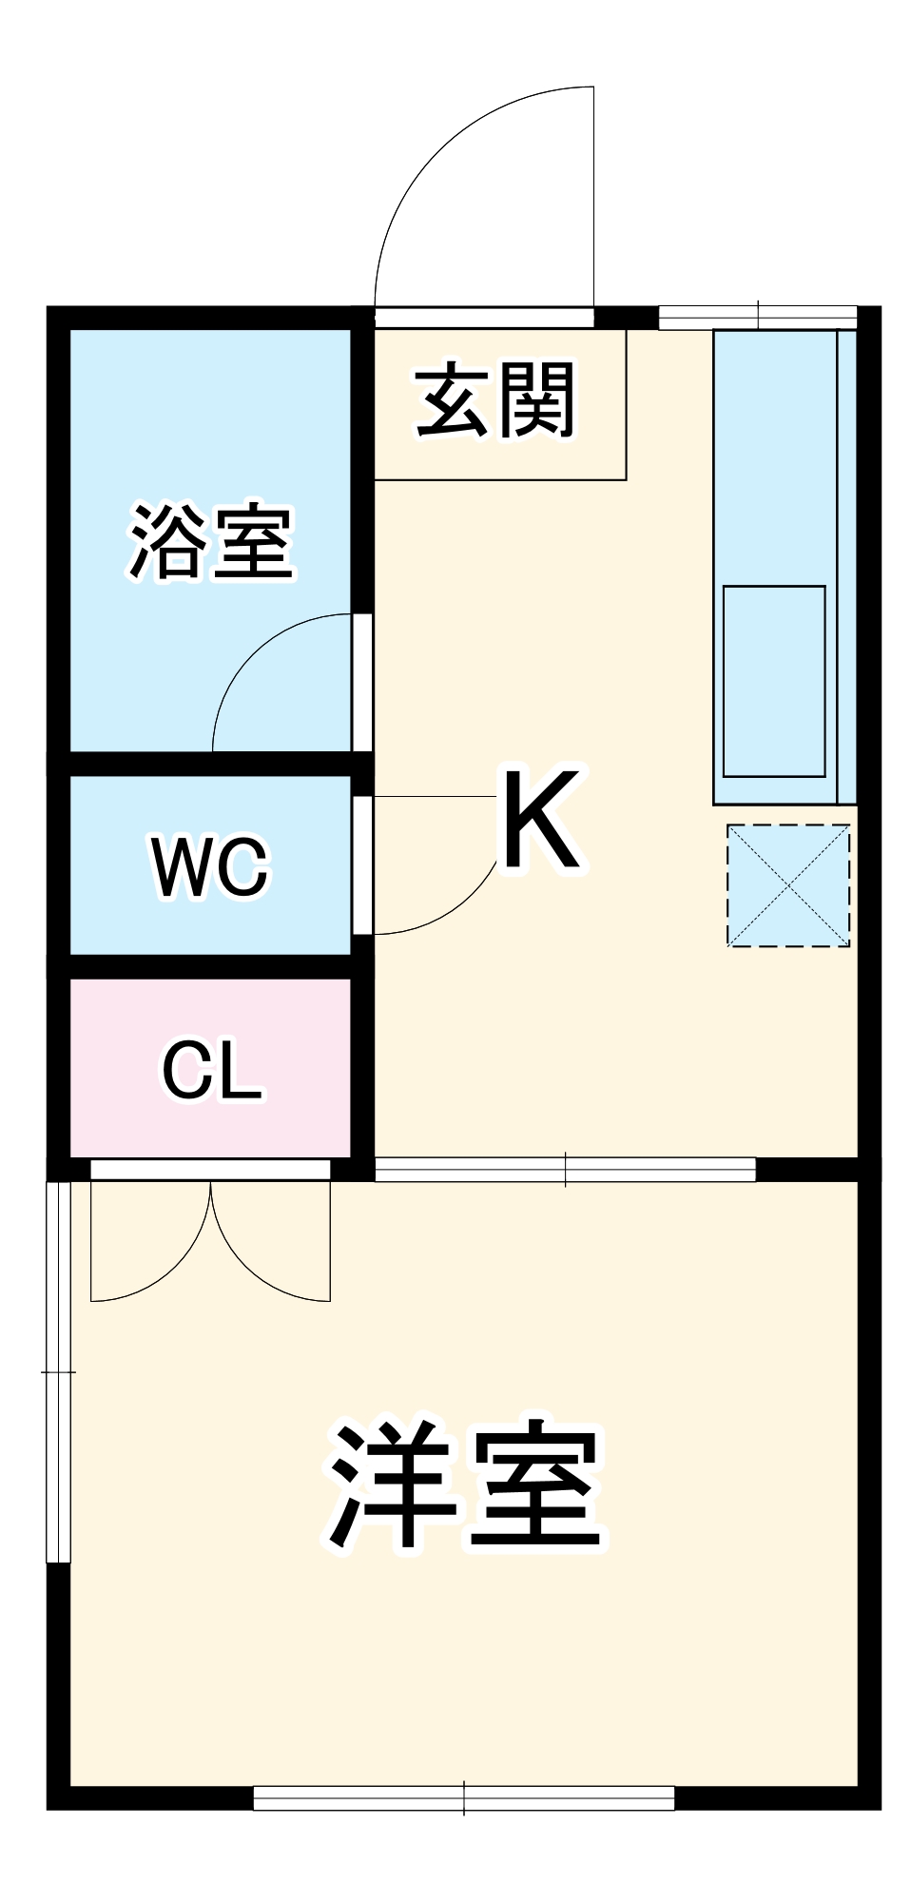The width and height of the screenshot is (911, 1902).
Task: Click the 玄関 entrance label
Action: (x=495, y=400)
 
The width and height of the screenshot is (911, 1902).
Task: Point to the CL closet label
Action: (x=211, y=1071)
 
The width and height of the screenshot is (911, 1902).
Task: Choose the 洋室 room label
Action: (x=465, y=1485)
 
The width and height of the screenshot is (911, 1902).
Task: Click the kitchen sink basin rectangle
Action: (x=773, y=681)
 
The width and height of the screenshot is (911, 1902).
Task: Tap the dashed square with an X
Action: (x=788, y=885)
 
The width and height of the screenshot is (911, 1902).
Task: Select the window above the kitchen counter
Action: (x=758, y=317)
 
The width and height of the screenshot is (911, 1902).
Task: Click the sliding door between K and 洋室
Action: (x=565, y=1169)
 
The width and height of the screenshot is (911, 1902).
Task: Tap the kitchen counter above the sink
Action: (x=773, y=456)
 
